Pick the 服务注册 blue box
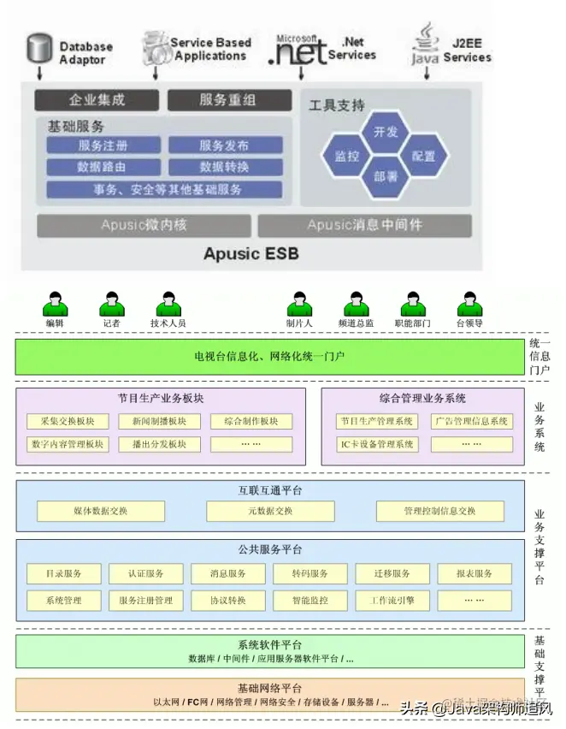coord(103,146)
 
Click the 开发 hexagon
coord(385,133)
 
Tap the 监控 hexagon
coord(346,157)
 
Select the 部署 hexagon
coord(385,178)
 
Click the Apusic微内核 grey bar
coord(144,226)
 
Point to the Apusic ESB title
coord(251,254)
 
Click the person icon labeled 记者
coord(111,305)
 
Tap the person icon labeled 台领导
coord(469,305)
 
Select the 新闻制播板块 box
coord(159,421)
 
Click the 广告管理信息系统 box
coord(471,421)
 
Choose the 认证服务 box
coord(145,573)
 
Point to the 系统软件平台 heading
coord(269,644)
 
